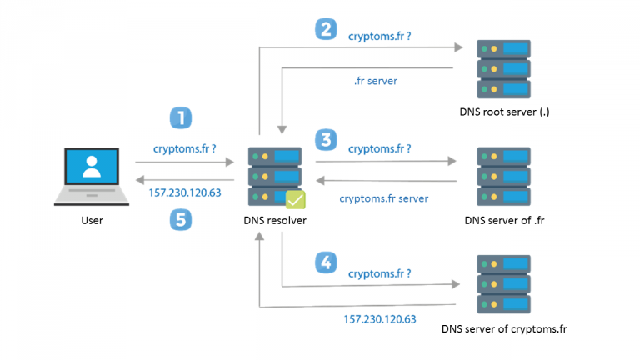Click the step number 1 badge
pos(180,117)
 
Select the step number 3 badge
pos(326,139)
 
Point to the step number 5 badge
pos(180,220)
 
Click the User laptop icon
pos(92,176)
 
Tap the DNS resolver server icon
pos(276,176)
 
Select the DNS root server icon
pos(503,67)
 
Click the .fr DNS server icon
pos(503,176)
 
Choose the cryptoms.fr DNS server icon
pos(503,284)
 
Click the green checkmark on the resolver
pos(297,199)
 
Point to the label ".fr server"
pos(377,82)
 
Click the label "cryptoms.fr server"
pos(384,198)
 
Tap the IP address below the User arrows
pos(184,193)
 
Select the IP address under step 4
pos(380,319)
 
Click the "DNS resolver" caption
pos(276,222)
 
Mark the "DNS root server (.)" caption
pos(503,112)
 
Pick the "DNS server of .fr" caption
pos(504,221)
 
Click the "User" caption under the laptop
pos(92,221)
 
